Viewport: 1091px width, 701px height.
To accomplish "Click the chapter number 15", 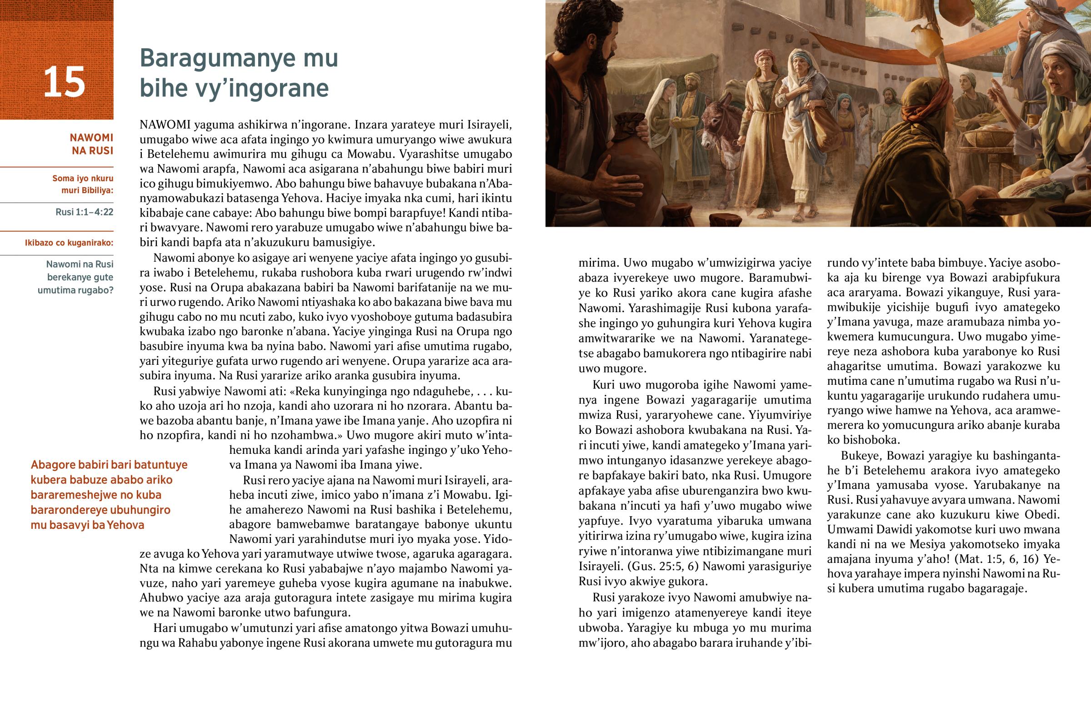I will [x=64, y=82].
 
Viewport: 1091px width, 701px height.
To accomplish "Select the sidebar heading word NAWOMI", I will [x=91, y=138].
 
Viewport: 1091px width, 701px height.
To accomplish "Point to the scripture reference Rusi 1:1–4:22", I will [x=84, y=212].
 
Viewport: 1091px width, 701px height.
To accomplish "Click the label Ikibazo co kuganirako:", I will [x=69, y=243].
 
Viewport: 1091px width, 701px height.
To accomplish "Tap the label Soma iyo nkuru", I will [x=83, y=179].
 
